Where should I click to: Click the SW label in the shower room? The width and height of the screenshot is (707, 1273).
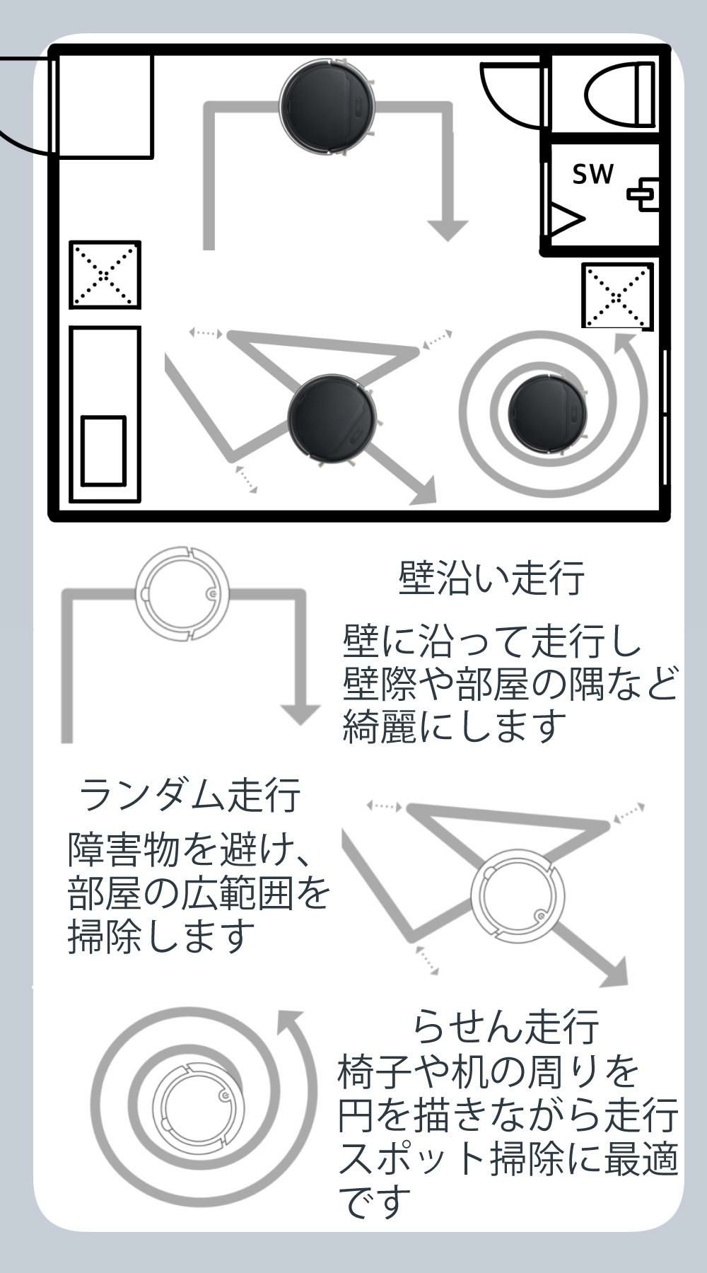tap(592, 174)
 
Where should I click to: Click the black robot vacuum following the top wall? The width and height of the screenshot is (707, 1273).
tap(326, 106)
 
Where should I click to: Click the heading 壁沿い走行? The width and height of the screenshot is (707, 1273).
tap(491, 578)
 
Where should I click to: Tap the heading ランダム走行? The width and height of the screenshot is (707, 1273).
tap(189, 795)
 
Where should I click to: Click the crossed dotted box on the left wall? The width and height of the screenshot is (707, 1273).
tap(105, 274)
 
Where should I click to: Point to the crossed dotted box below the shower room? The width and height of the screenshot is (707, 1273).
tap(617, 296)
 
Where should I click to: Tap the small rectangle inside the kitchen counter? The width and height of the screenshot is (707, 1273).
tap(103, 451)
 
